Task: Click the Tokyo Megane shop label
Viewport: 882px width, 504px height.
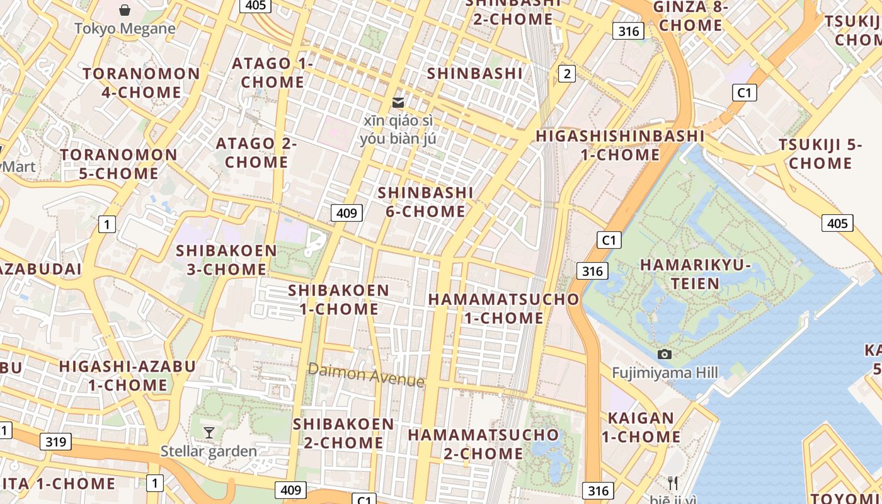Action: [x=125, y=28]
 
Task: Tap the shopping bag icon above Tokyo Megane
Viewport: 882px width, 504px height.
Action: [x=125, y=10]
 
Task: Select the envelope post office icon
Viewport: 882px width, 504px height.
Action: [x=398, y=102]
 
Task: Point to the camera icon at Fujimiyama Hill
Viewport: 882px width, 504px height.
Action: [x=664, y=355]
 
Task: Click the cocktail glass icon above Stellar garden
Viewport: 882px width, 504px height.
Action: [x=209, y=433]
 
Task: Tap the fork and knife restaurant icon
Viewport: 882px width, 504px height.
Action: [x=673, y=483]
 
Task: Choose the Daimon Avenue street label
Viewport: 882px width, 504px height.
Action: [x=366, y=375]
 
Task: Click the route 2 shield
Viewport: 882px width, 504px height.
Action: [x=567, y=74]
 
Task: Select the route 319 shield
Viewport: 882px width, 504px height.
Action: [x=55, y=441]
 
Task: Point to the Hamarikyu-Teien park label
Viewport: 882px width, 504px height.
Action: [x=696, y=274]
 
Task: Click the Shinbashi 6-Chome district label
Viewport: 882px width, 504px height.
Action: [x=425, y=202]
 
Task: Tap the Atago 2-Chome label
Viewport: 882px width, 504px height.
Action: [x=256, y=152]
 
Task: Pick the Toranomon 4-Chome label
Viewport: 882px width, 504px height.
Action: [x=141, y=83]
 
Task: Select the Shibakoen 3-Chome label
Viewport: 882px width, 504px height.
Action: [x=227, y=260]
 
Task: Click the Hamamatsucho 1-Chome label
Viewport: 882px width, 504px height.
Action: [x=503, y=308]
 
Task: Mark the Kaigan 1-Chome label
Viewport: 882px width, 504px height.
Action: [x=641, y=427]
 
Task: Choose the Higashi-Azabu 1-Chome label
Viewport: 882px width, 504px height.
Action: [x=127, y=375]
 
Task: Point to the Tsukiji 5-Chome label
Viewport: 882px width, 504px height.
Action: [x=820, y=154]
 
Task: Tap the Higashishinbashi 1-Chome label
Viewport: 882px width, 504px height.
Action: [x=620, y=145]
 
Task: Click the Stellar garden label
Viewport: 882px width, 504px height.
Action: [x=209, y=451]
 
